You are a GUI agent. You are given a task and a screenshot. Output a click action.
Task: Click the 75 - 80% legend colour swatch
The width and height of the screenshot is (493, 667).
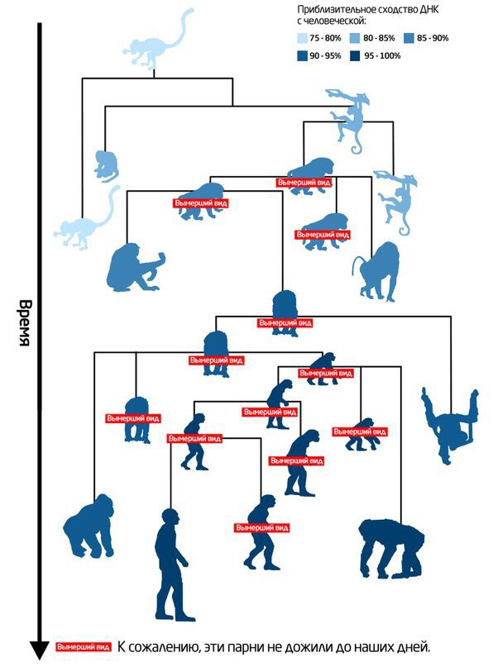(x=302, y=38)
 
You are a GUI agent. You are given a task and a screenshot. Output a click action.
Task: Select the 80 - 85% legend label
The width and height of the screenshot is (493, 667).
(x=379, y=38)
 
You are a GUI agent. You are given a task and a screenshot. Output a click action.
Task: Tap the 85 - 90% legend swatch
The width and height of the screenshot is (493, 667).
(x=409, y=38)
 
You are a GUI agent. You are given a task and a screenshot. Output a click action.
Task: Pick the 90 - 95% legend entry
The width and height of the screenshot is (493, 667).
(x=319, y=55)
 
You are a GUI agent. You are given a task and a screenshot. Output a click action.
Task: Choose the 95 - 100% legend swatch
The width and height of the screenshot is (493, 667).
(x=355, y=55)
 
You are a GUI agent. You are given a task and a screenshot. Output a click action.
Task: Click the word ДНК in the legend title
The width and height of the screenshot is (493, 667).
(x=429, y=10)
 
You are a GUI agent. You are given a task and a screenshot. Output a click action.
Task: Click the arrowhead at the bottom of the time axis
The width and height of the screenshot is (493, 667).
(x=40, y=650)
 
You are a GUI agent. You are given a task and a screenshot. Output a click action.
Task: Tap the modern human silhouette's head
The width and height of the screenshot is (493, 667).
(x=170, y=517)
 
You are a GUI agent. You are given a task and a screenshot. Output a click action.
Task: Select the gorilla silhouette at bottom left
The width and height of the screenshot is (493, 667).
(x=90, y=526)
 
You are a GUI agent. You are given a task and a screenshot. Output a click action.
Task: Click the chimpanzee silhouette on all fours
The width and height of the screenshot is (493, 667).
(x=392, y=548)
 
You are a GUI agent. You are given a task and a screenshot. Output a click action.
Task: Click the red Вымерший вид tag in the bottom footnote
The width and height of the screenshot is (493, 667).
(x=84, y=647)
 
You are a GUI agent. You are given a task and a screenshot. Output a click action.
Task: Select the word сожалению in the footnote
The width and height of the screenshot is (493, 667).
(x=166, y=648)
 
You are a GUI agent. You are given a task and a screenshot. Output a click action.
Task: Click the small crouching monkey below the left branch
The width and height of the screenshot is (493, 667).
(x=106, y=166)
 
